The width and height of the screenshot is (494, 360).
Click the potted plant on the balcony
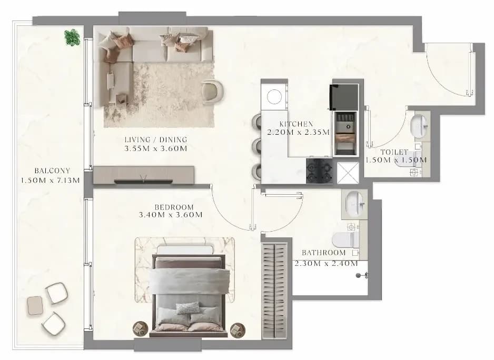72,37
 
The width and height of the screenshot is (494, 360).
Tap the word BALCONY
52,171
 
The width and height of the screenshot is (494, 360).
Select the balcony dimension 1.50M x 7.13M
50,181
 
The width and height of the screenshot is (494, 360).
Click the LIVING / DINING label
156,139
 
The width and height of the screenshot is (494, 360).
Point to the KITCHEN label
296,124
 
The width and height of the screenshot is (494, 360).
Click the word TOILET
394,152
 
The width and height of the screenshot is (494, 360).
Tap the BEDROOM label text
174,207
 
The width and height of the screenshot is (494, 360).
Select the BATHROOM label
323,253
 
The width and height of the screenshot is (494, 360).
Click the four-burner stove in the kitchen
319,171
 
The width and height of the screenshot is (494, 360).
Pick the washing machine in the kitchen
274,96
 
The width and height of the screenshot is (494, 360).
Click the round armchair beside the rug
212,92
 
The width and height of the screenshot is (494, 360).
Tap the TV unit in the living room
144,175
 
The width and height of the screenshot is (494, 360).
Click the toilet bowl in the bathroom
345,239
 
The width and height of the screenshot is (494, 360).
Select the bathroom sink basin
355,204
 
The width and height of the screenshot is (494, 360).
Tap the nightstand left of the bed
140,329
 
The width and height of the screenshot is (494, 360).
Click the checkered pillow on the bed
188,308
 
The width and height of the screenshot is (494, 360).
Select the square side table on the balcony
35,305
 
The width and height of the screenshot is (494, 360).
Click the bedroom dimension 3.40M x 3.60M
171,215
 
